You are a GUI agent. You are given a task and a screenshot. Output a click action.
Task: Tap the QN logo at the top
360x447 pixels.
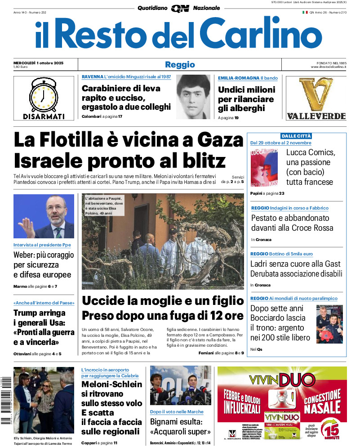pyautogui.click(x=180, y=8)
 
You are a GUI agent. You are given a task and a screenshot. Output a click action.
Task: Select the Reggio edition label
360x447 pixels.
pyautogui.click(x=180, y=65)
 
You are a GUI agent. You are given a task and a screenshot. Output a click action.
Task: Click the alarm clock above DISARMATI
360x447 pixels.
pyautogui.click(x=44, y=94)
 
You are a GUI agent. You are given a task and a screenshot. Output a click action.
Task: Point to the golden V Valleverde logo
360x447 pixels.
pyautogui.click(x=316, y=94)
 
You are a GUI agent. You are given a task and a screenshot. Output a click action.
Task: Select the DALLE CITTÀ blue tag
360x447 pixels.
pyautogui.click(x=296, y=136)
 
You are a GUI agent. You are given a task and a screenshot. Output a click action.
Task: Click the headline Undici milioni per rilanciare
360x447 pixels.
pyautogui.click(x=246, y=99)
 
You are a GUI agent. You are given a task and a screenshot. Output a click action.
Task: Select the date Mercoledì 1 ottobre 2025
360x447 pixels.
pyautogui.click(x=39, y=63)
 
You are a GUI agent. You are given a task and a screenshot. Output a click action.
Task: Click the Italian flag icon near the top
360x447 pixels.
pyautogui.click(x=305, y=12)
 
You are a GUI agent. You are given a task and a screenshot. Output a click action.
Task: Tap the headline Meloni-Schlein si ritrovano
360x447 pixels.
pyautogui.click(x=111, y=389)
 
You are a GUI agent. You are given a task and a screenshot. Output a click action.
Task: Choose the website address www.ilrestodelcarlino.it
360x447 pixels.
pyautogui.click(x=328, y=67)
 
